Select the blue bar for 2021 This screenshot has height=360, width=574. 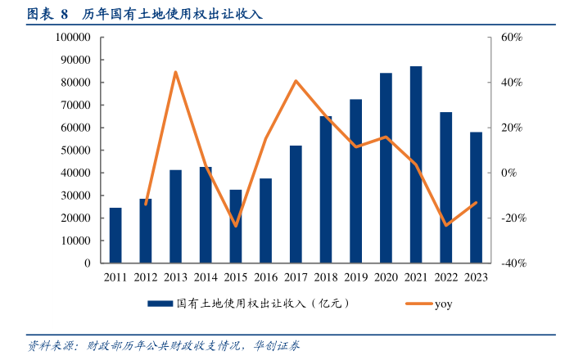tap(416, 164)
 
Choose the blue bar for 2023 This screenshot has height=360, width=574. tap(476, 197)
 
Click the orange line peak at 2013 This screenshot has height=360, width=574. tap(175, 72)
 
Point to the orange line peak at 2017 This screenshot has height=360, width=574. tap(296, 81)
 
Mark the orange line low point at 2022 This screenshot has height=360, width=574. tap(446, 225)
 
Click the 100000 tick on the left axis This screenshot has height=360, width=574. tap(73, 38)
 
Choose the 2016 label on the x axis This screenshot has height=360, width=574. tap(265, 277)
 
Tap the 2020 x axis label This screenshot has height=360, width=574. tap(386, 277)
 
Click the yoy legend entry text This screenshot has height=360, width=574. tap(443, 304)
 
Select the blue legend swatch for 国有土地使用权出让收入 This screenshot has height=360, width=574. tap(160, 304)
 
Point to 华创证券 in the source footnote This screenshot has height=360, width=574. tap(277, 345)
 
